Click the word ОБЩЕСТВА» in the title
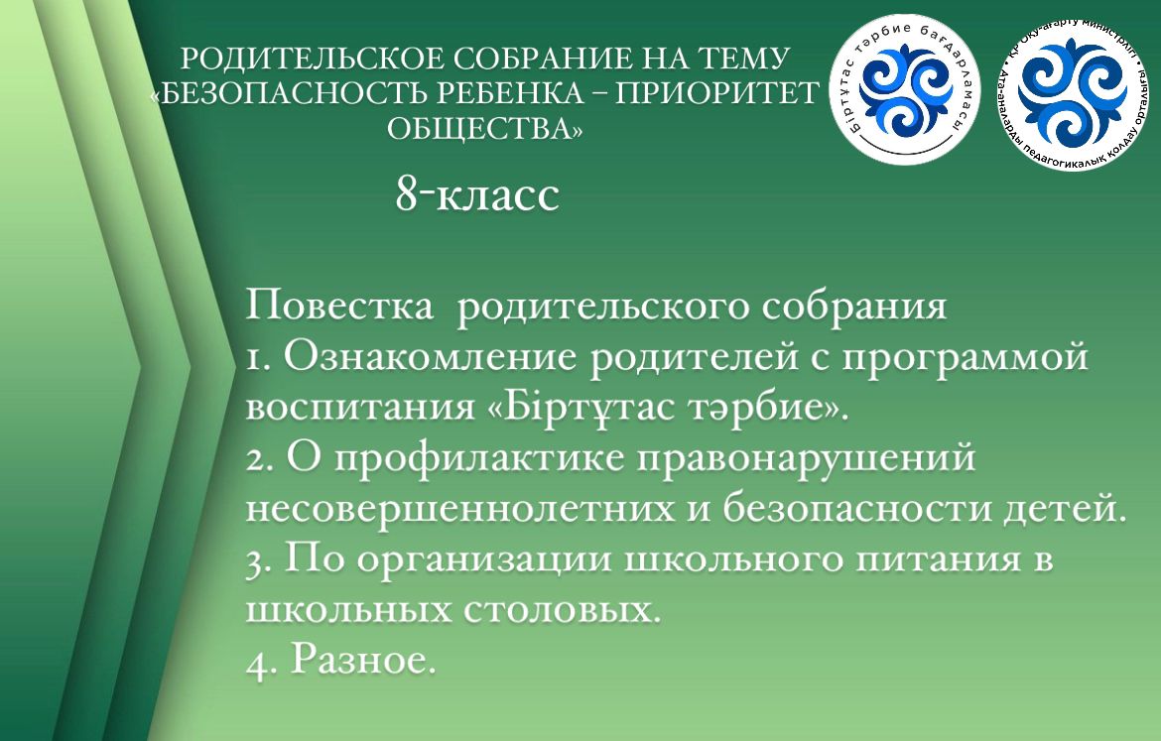485,129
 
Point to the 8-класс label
477,195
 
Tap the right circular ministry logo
1075,87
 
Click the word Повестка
339,305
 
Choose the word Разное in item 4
359,659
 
